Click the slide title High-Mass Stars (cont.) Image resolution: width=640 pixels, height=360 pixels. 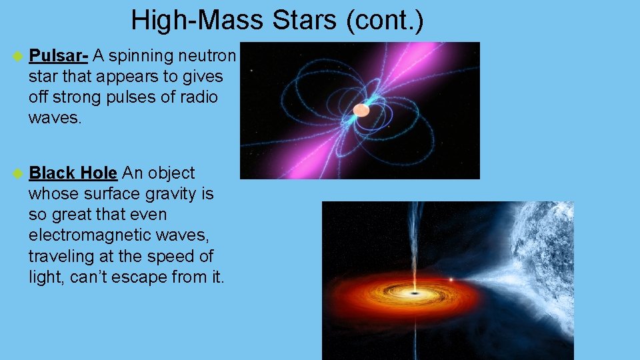pyautogui.click(x=277, y=20)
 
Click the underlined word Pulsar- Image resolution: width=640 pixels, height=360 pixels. pyautogui.click(x=59, y=55)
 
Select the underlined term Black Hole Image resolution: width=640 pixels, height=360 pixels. pyautogui.click(x=73, y=173)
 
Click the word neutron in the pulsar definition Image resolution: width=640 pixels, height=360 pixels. pyautogui.click(x=207, y=55)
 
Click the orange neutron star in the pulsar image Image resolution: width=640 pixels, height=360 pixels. pyautogui.click(x=361, y=109)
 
